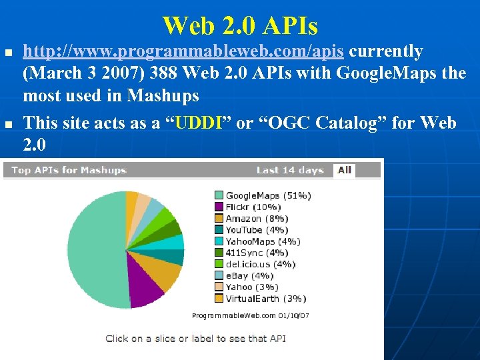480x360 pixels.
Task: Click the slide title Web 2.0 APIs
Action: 240,26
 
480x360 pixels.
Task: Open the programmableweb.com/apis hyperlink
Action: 184,51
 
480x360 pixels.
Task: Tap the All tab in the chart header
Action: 344,170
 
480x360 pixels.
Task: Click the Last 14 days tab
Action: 289,170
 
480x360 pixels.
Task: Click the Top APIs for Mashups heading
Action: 68,170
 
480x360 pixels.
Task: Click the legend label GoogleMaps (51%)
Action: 268,196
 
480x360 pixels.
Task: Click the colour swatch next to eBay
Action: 219,275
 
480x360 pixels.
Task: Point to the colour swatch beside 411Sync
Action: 219,253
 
